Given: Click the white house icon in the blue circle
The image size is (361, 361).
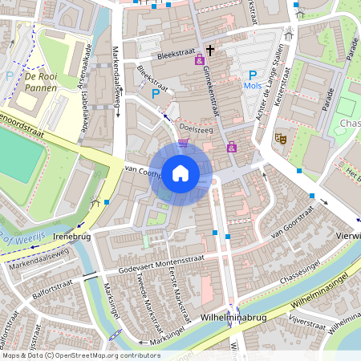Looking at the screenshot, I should tap(180, 173).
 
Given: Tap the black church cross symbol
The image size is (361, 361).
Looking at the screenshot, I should tap(210, 50).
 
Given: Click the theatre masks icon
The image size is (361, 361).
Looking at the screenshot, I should tap(281, 138).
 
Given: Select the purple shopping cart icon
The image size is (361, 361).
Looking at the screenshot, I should tap(184, 143).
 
